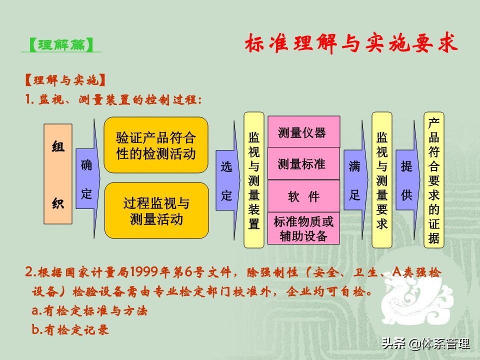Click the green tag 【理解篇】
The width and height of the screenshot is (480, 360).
(x=61, y=45)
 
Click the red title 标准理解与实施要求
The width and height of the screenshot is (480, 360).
(x=351, y=43)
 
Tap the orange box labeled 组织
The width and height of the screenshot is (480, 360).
(x=58, y=174)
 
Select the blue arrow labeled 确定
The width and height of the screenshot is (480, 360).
(x=88, y=179)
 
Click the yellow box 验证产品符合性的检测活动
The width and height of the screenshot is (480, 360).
(x=156, y=145)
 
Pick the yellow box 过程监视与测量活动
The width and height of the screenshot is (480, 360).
(x=156, y=210)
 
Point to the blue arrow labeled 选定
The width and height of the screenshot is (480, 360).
(x=228, y=180)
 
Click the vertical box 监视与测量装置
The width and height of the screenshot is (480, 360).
(x=254, y=180)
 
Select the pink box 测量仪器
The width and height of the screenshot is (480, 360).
(x=303, y=132)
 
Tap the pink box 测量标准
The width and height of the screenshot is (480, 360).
(x=303, y=163)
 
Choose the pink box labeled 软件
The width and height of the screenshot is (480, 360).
(x=303, y=196)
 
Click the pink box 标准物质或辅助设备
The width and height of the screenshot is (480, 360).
(x=303, y=228)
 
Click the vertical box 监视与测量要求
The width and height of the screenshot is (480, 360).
(x=381, y=180)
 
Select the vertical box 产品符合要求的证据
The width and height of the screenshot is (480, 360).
(x=434, y=180)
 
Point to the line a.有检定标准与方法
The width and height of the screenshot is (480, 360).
(x=89, y=310)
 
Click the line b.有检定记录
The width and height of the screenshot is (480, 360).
(x=70, y=329)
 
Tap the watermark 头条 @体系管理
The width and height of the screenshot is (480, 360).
(x=425, y=344)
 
